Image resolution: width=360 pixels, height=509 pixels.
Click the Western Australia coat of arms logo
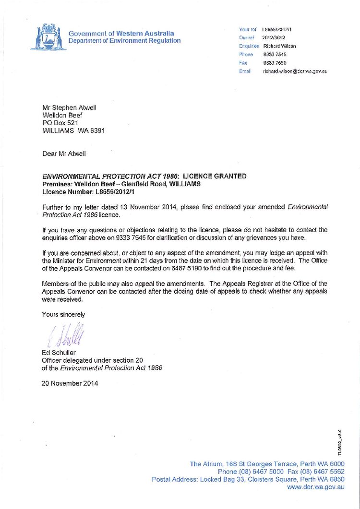pos(47,37)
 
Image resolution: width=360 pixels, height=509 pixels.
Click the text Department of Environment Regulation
pos(124,41)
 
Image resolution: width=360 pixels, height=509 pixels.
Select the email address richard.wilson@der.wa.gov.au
pos(294,71)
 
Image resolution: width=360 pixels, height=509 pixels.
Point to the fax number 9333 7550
pos(275,63)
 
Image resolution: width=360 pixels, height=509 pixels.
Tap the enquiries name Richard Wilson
pos(279,46)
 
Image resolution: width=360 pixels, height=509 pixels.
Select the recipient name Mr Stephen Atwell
pos(69,108)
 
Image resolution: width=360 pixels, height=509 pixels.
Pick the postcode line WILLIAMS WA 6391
pos(73,130)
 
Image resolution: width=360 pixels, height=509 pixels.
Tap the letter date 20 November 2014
pos(70,383)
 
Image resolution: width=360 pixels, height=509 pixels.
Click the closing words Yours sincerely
pos(63,315)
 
